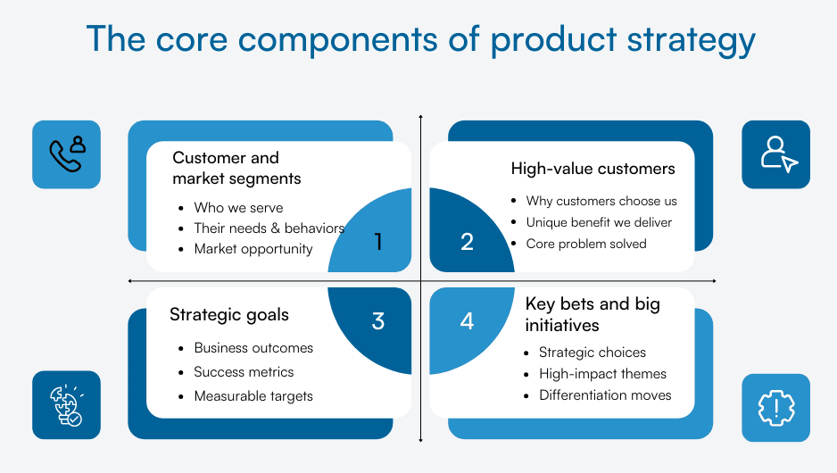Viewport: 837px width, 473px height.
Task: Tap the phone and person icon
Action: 66,154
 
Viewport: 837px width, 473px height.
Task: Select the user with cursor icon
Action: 775,154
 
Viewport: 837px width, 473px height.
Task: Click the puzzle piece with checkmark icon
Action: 66,404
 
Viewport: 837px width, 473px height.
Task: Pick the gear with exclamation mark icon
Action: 775,408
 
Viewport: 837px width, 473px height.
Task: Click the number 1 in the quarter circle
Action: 378,242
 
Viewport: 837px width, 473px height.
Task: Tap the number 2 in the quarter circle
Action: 467,242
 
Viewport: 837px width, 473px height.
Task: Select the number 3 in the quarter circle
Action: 378,321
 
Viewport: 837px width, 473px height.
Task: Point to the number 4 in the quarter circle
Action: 467,321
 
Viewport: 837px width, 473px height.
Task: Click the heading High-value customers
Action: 593,169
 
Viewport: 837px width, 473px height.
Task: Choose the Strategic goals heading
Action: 229,314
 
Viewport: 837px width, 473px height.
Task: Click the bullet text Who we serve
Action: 238,207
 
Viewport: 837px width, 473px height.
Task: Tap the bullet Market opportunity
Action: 253,249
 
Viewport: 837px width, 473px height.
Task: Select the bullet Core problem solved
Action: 586,244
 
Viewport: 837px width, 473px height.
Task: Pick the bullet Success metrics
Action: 244,372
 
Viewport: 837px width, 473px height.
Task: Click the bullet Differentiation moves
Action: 605,394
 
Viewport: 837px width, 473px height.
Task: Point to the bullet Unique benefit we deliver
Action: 599,222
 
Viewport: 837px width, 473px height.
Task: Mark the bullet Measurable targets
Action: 253,395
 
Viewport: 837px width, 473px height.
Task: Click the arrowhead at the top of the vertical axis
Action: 420,118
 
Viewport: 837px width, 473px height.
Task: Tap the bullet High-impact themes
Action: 602,374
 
